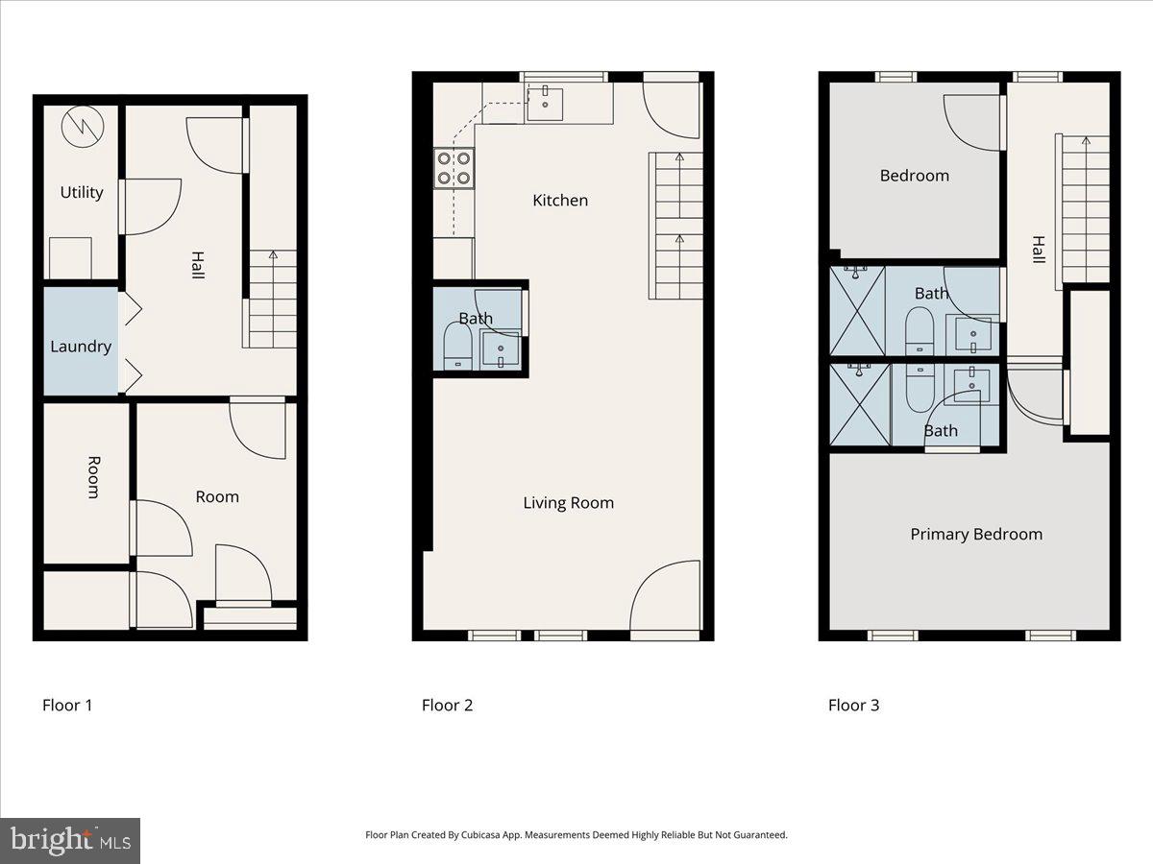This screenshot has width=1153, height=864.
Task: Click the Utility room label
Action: (82, 192)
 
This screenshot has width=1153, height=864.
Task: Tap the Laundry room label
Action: (81, 347)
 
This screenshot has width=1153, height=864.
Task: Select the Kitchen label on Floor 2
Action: (560, 200)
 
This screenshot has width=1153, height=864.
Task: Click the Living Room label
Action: (568, 502)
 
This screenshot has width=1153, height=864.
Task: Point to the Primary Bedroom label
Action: (976, 534)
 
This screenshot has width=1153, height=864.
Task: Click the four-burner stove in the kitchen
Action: (454, 168)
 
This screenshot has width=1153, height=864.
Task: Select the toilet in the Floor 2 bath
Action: (457, 347)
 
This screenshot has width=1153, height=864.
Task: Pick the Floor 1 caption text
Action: (67, 705)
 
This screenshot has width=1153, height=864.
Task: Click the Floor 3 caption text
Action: (853, 705)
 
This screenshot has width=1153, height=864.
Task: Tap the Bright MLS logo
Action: (70, 841)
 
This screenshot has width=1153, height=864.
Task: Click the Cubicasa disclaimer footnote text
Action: (576, 835)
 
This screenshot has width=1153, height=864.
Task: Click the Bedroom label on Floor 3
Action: (914, 176)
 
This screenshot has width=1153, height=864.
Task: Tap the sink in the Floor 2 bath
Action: (501, 348)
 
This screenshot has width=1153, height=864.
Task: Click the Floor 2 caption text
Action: (447, 705)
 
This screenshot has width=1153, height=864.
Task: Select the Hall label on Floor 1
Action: (197, 265)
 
